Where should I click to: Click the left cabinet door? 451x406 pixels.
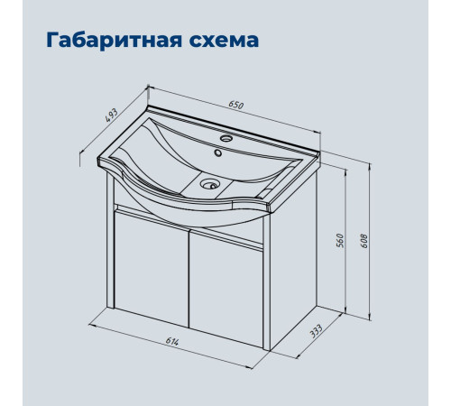pyautogui.click(x=150, y=274)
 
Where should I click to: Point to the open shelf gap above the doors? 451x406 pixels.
pyautogui.click(x=189, y=227)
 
